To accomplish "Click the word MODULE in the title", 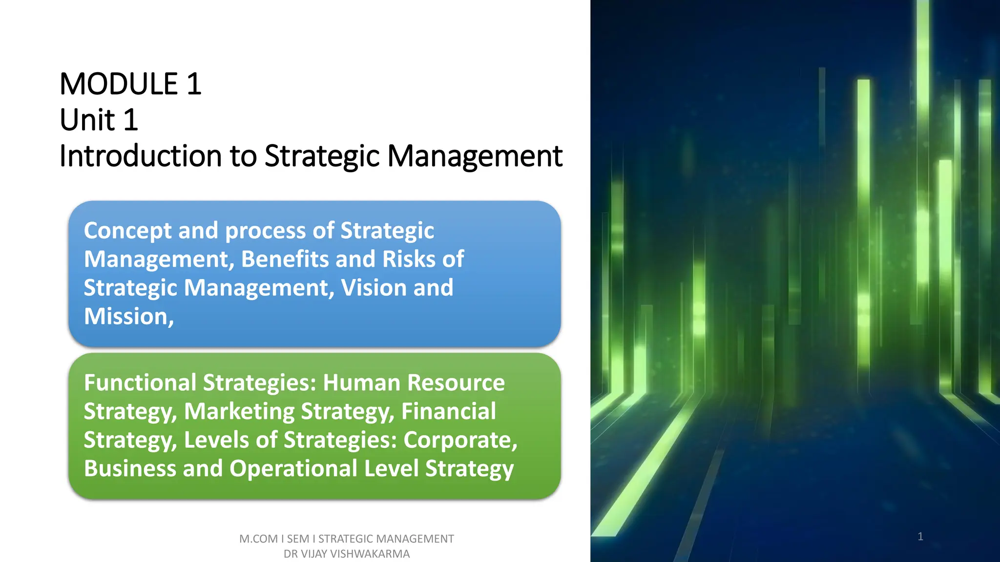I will pyautogui.click(x=119, y=84).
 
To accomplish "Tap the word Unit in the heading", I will pyautogui.click(x=87, y=120).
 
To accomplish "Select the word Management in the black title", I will pyautogui.click(x=475, y=156).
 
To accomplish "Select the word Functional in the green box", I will pyautogui.click(x=139, y=382).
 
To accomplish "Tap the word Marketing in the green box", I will pyautogui.click(x=239, y=411).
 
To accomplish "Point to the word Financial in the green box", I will pyautogui.click(x=448, y=411).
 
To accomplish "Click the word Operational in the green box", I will pyautogui.click(x=293, y=468).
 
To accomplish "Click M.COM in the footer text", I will pyautogui.click(x=258, y=539).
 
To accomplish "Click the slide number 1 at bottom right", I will pyautogui.click(x=920, y=537).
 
